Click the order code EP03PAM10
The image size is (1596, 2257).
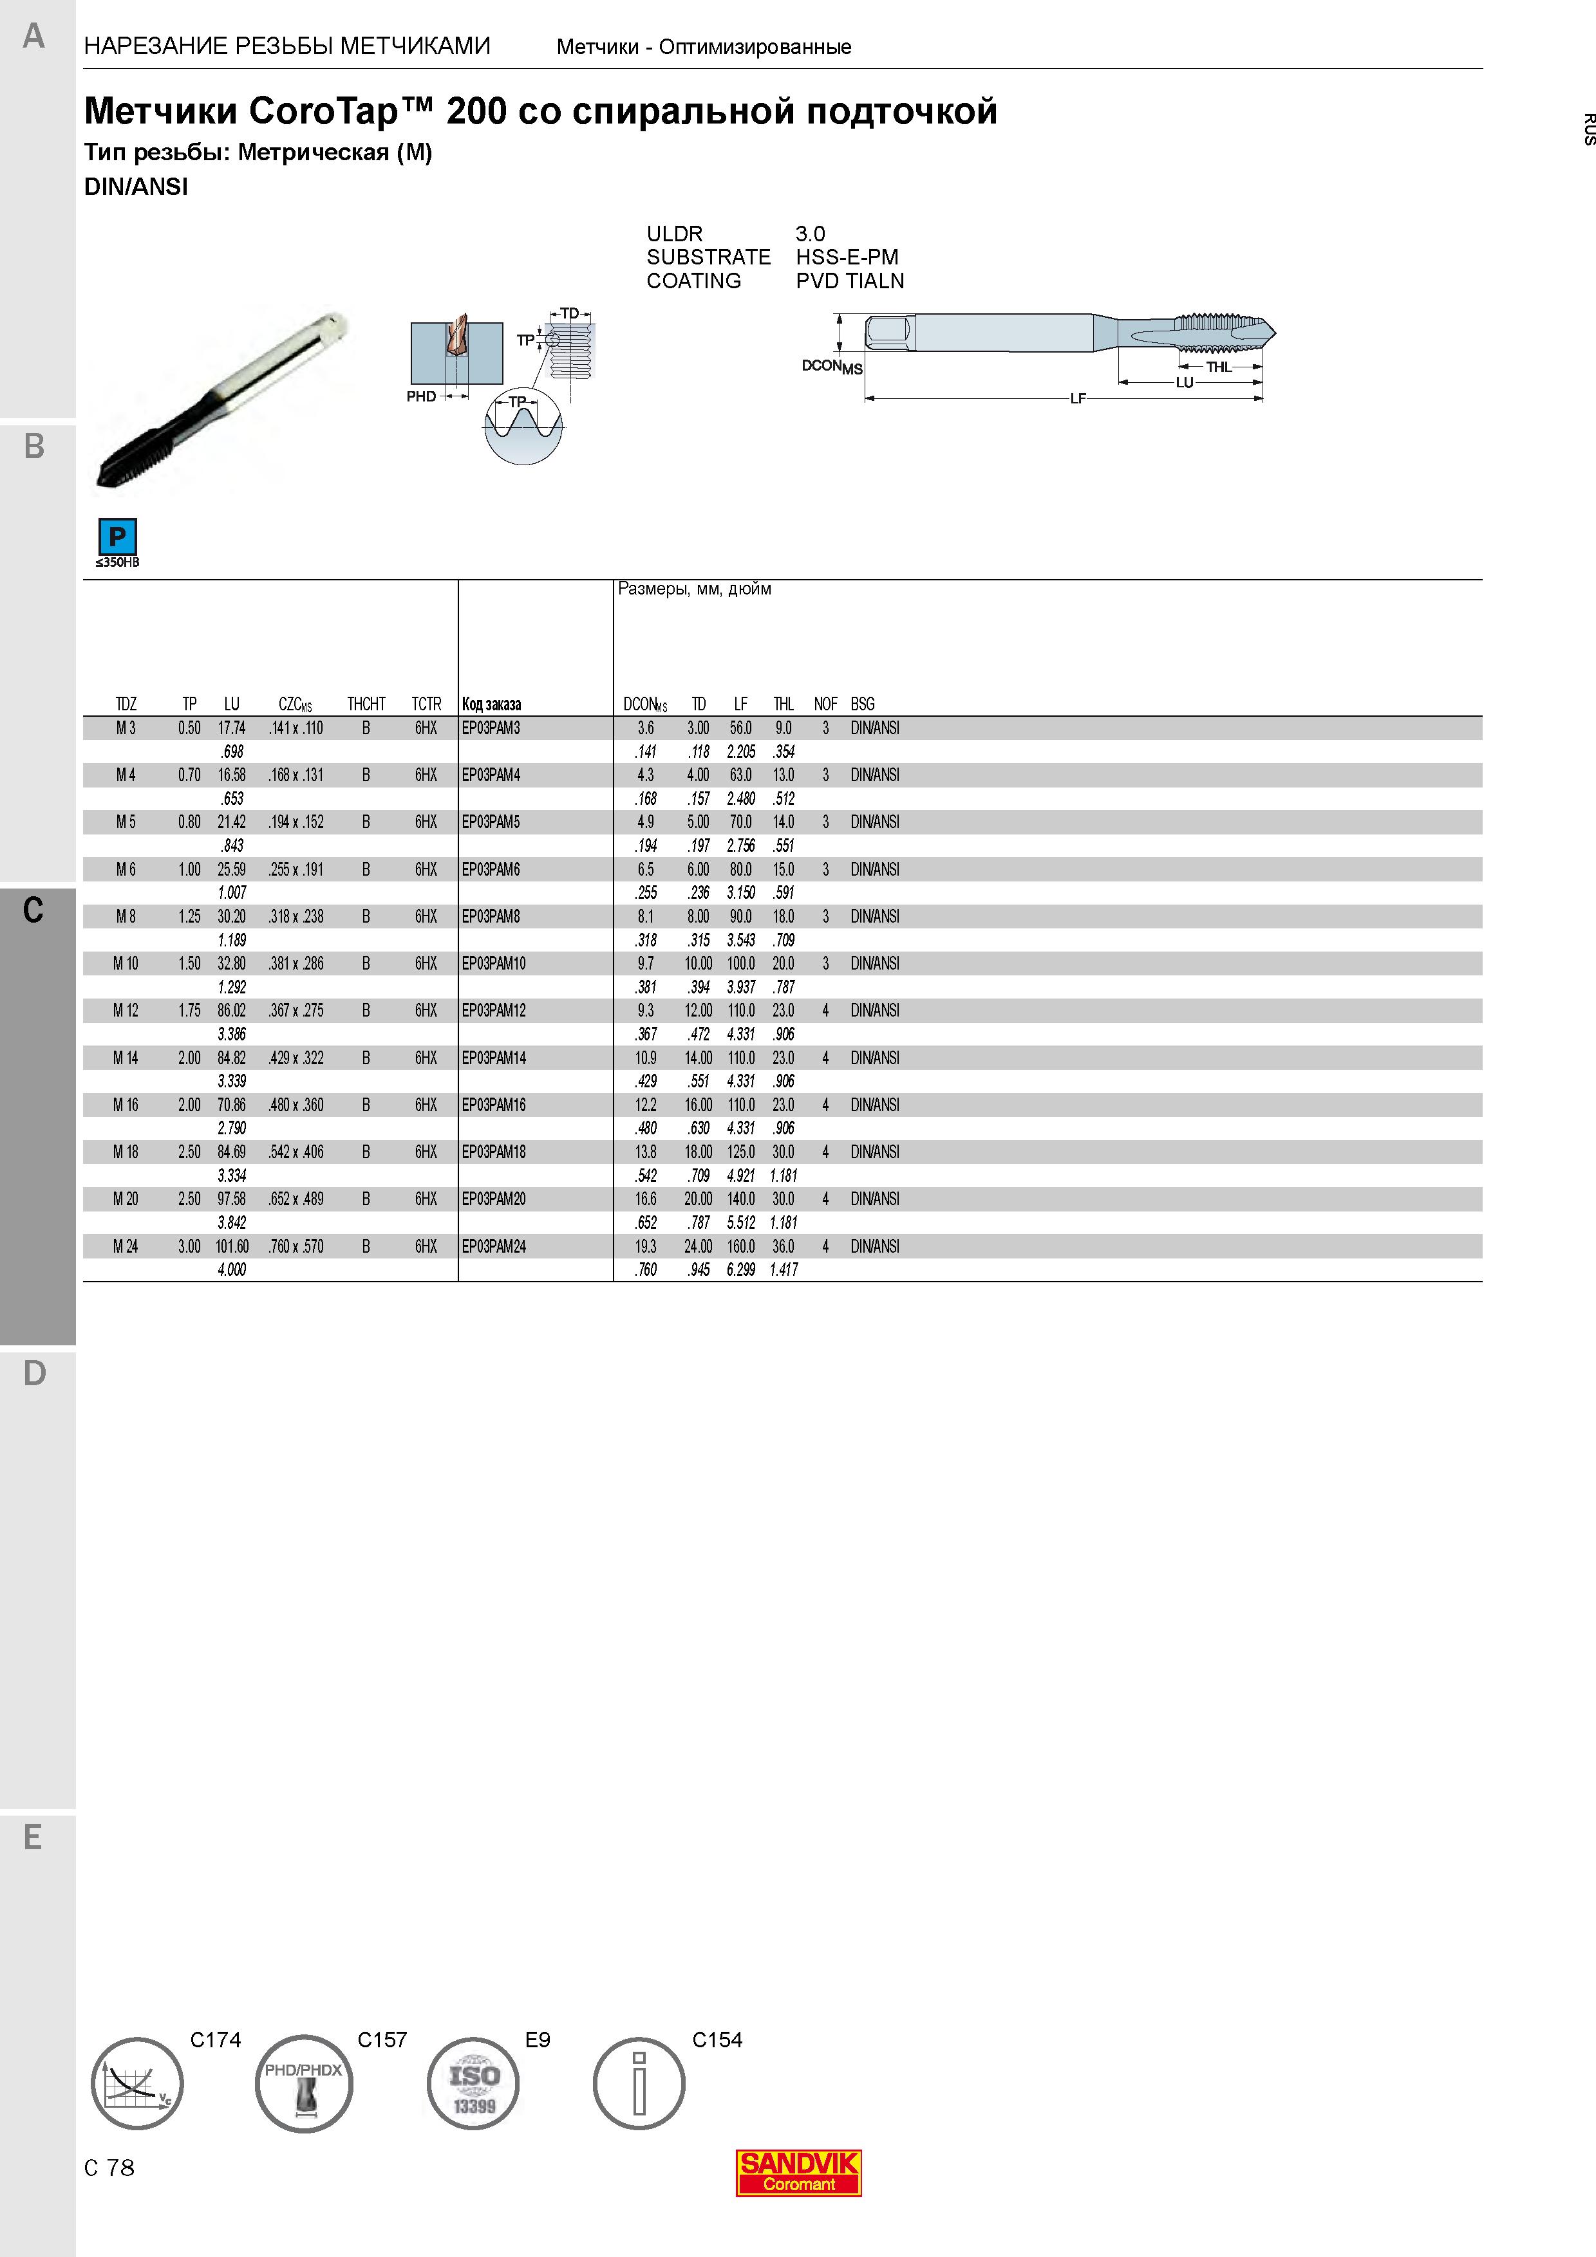(494, 963)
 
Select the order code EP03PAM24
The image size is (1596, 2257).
(494, 1246)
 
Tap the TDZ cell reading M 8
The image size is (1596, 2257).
(126, 916)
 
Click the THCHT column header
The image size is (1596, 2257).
(366, 704)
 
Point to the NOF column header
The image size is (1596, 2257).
(825, 704)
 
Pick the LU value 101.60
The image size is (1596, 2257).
(232, 1246)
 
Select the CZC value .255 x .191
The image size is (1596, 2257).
(296, 869)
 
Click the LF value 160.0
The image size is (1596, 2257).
(740, 1246)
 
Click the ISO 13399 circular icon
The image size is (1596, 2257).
(474, 2083)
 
